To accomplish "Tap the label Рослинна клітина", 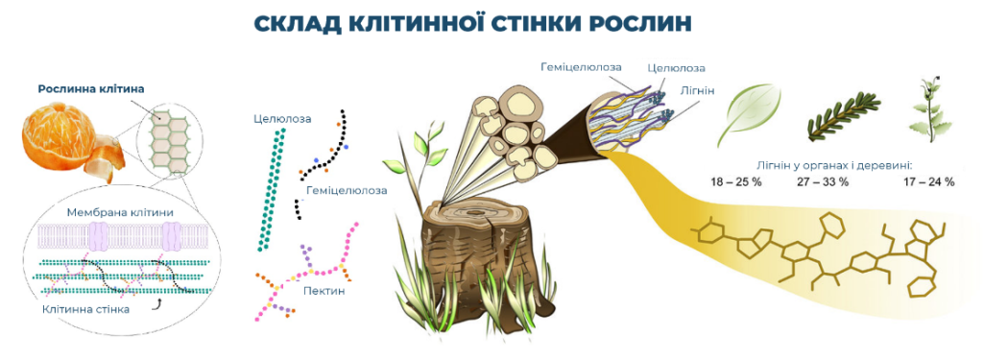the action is click(x=91, y=89).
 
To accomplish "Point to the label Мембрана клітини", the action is click(x=120, y=212).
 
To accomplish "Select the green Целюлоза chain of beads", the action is click(x=272, y=189).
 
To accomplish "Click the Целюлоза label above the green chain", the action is click(x=283, y=118).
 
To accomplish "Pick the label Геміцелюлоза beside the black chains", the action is click(x=347, y=190).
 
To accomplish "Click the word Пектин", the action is click(x=324, y=291).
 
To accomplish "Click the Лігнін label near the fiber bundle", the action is click(x=697, y=91).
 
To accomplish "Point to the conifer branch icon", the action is click(x=840, y=115).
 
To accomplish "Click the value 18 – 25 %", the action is click(x=736, y=182).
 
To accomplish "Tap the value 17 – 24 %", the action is click(x=929, y=182).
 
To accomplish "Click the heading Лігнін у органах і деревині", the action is click(x=834, y=166).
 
